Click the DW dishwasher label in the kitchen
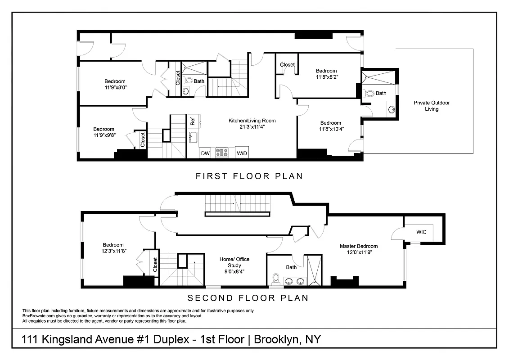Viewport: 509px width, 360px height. [x=205, y=153]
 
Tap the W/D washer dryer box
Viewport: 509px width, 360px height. [x=242, y=153]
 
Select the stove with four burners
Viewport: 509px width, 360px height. [x=222, y=153]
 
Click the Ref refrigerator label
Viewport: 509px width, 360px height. [x=192, y=121]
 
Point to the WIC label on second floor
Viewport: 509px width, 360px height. [x=421, y=232]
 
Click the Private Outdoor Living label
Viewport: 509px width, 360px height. [x=432, y=106]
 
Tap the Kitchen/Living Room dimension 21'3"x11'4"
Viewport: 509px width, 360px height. [x=252, y=127]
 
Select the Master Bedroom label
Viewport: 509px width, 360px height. [x=359, y=246]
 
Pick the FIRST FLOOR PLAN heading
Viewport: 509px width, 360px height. [x=249, y=176]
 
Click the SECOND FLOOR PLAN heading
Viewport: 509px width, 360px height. [x=248, y=298]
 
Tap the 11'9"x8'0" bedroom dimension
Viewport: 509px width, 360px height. [x=115, y=88]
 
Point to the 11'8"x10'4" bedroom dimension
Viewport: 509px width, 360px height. [x=331, y=129]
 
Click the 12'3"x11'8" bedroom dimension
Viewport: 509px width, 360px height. [x=113, y=251]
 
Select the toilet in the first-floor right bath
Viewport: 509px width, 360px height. [x=370, y=94]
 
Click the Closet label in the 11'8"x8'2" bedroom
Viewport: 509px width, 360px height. [x=287, y=65]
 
